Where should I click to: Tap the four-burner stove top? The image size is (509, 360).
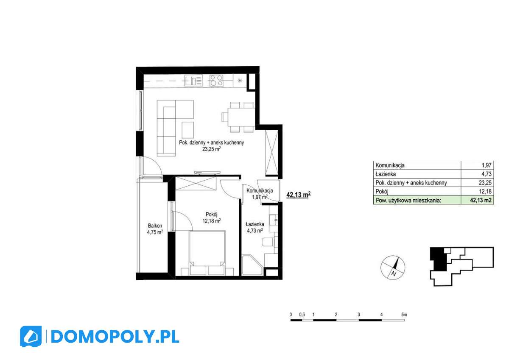tap(216, 80)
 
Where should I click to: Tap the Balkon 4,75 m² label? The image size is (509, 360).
tap(155, 229)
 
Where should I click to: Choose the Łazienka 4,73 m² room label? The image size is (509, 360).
tap(255, 227)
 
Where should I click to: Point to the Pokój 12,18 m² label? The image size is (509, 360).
tap(211, 218)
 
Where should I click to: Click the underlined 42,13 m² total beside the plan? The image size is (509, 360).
tap(299, 195)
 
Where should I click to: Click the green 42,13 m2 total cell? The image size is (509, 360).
tap(478, 201)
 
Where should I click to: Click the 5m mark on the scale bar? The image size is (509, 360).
tap(404, 315)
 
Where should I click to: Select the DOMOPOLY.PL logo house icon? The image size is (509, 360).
tap(31, 337)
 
